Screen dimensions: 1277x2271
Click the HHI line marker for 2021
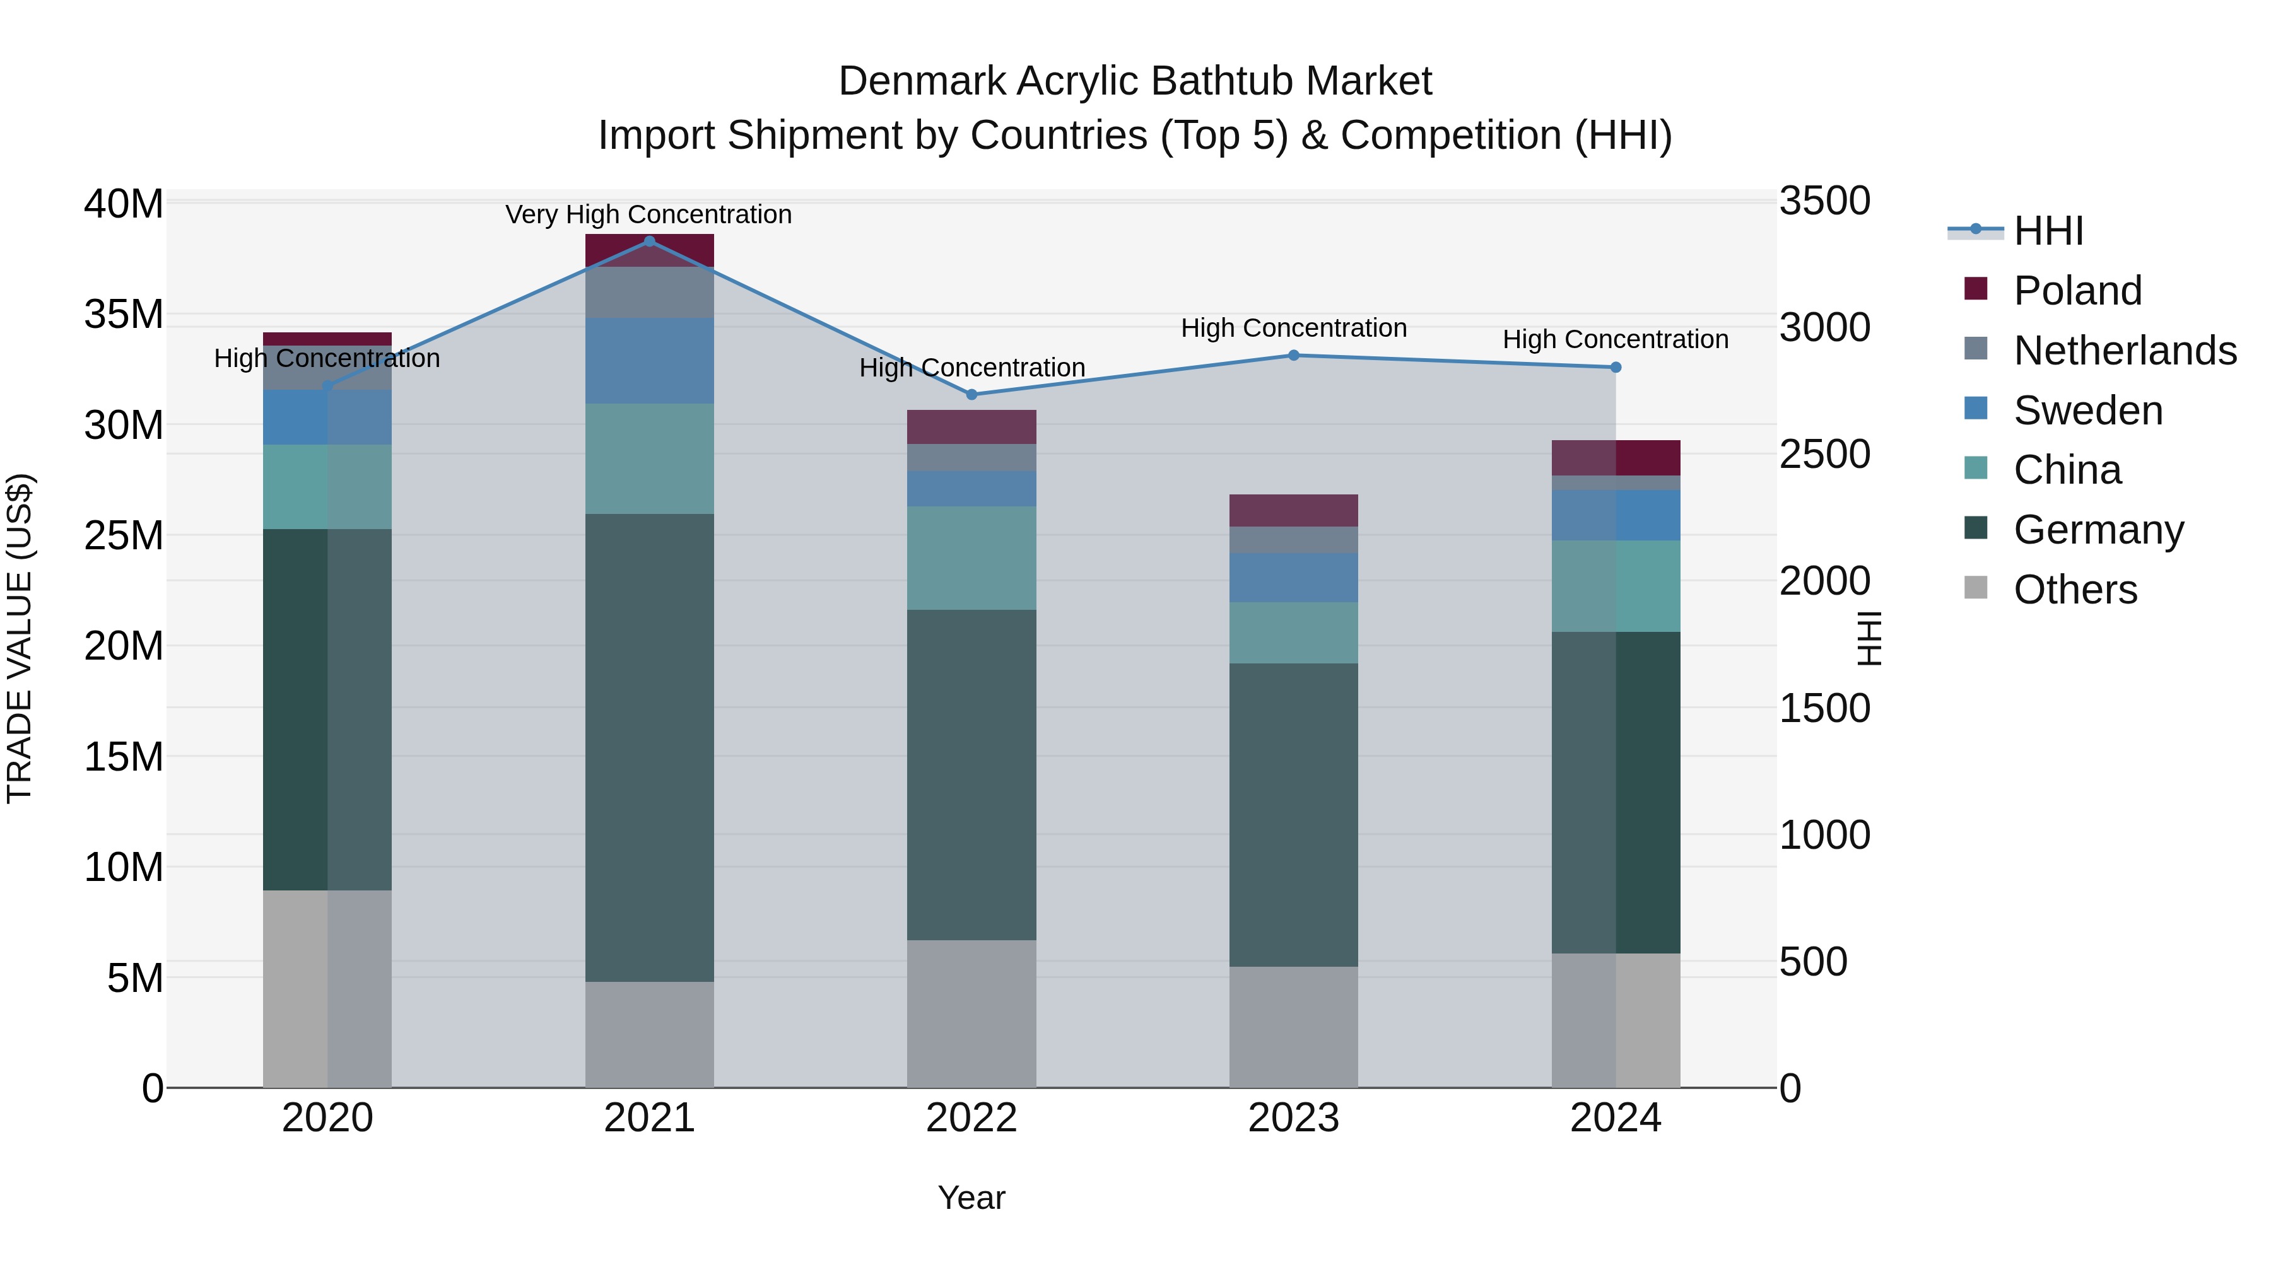click(650, 241)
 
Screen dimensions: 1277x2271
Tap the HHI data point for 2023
click(1293, 355)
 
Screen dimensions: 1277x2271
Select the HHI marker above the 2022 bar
click(971, 394)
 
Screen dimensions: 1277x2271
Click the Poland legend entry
click(2077, 291)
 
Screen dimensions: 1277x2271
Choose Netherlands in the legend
click(2125, 351)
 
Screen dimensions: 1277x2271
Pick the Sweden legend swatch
click(1976, 409)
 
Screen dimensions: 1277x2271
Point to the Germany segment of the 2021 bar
click(650, 747)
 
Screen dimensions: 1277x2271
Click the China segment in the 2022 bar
click(971, 558)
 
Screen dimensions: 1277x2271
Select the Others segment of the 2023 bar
click(1293, 1027)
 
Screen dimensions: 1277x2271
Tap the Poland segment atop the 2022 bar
click(971, 426)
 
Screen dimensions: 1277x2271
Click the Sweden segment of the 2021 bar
click(650, 361)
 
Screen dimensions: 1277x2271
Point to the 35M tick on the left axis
click(124, 315)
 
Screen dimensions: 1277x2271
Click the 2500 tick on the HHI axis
click(1824, 455)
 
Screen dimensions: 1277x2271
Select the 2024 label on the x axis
click(1615, 1118)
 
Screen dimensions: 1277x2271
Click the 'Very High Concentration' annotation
click(649, 214)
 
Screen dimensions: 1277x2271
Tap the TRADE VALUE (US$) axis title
click(20, 638)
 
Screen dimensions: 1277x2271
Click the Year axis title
click(971, 1198)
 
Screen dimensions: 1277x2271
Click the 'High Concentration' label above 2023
click(1293, 328)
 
